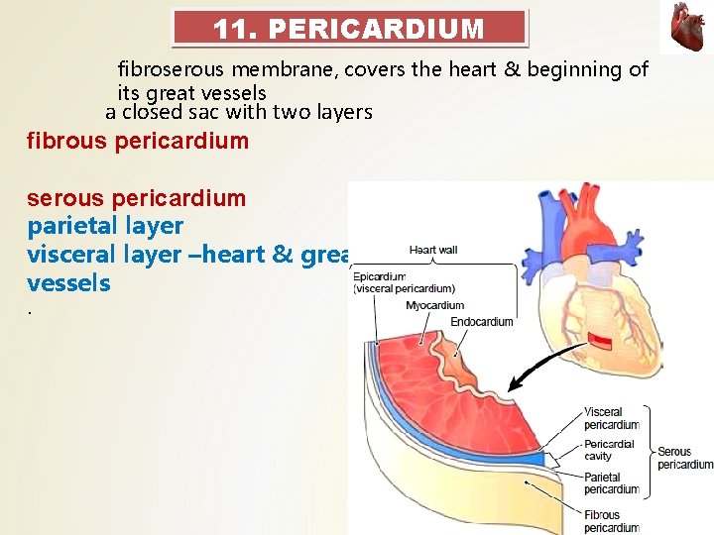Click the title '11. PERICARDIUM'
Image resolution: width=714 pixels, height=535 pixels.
click(x=349, y=29)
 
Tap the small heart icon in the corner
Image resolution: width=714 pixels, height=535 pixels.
click(x=686, y=27)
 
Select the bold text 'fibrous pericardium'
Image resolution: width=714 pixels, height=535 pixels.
click(x=138, y=141)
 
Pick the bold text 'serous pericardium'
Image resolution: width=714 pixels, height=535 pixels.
click(x=137, y=198)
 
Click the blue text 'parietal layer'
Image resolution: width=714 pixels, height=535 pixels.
click(x=106, y=227)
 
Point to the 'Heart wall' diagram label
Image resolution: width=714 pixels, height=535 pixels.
click(x=433, y=250)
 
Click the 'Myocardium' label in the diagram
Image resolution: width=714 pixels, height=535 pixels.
click(x=434, y=306)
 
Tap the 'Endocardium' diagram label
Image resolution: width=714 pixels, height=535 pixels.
click(x=482, y=322)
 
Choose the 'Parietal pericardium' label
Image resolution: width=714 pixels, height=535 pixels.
click(x=612, y=482)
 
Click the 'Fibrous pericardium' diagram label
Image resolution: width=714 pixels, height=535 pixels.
click(x=612, y=521)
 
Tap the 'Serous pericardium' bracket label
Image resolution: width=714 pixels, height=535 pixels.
click(x=684, y=458)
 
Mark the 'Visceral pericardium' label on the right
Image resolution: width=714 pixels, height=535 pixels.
click(x=612, y=418)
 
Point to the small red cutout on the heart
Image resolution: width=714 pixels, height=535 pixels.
click(x=601, y=341)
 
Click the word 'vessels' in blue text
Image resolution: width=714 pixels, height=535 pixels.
click(x=69, y=283)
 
